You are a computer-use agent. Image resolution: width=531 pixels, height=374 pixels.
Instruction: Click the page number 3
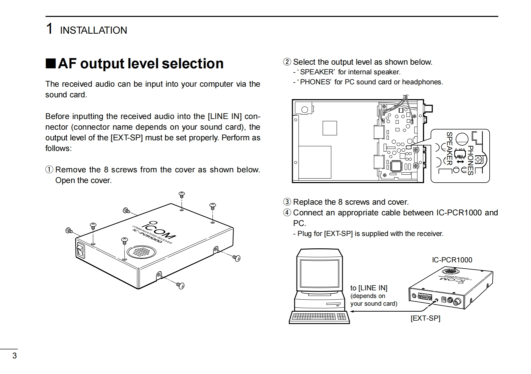[x=14, y=356]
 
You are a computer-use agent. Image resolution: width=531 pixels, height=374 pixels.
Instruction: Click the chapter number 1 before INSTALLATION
[x=49, y=29]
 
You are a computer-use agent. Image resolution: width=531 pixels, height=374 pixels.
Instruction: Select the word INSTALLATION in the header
[x=93, y=30]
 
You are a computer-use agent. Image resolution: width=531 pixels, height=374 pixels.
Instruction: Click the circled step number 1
[x=49, y=170]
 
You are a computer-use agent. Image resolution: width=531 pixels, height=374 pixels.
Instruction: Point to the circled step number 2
[x=287, y=62]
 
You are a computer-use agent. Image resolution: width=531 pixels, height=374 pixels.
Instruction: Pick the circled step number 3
[x=287, y=202]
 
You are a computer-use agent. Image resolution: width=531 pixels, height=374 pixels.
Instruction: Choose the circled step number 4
[x=287, y=213]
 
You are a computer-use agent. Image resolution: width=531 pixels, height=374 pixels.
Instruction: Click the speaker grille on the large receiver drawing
[x=140, y=252]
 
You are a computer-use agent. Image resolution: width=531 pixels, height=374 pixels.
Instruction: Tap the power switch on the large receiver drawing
[x=80, y=250]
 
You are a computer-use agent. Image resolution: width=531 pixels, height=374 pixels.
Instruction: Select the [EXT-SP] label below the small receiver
[x=425, y=318]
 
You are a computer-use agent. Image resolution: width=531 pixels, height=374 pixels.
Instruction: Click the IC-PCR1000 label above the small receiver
[x=452, y=260]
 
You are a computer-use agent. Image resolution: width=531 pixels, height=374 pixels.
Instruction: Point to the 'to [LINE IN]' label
[x=369, y=288]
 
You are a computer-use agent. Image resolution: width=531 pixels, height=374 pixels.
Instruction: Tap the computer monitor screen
[x=319, y=273]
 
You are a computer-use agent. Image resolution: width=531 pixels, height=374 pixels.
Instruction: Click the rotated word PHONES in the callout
[x=471, y=160]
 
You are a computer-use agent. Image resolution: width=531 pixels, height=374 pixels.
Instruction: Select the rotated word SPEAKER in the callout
[x=449, y=148]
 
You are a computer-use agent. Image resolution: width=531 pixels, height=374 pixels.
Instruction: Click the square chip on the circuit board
[x=396, y=166]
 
